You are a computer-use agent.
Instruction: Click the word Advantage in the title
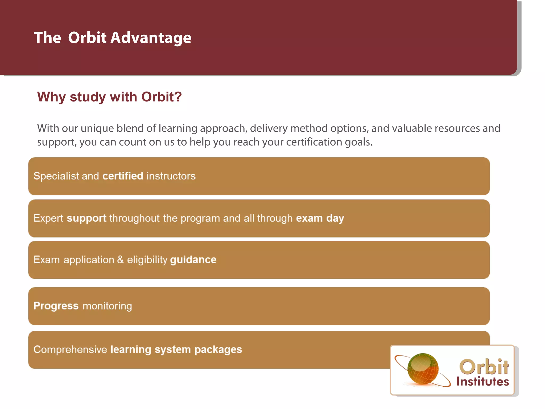point(151,38)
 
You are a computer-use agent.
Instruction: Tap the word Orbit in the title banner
point(87,38)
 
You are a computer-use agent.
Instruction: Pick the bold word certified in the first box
point(123,176)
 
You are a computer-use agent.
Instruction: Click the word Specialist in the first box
point(56,176)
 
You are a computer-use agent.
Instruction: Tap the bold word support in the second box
point(86,218)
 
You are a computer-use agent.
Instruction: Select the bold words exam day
point(320,218)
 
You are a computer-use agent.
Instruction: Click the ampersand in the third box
point(120,260)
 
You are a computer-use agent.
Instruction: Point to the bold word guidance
point(193,260)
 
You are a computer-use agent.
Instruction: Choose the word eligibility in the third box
point(147,260)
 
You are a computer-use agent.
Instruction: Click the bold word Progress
point(56,306)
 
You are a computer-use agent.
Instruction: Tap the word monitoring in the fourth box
point(107,306)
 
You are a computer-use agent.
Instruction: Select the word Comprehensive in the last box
point(70,350)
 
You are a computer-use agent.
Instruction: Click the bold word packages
point(218,350)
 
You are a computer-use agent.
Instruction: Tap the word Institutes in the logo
point(482,382)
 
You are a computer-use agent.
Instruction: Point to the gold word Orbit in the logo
point(484,367)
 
